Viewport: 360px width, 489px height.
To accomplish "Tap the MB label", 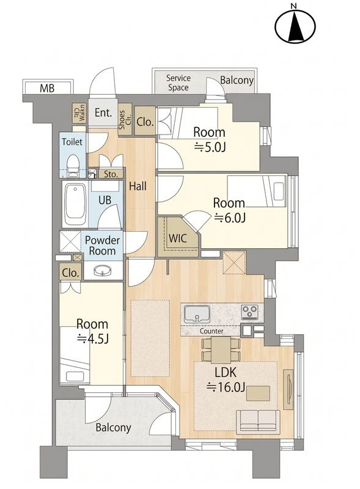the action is [x=47, y=88].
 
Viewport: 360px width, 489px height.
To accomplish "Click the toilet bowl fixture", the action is [x=73, y=164].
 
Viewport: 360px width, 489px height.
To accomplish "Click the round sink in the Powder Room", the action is [x=103, y=270].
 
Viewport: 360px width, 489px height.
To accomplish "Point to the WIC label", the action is [x=178, y=238].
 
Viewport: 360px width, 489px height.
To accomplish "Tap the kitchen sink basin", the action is [x=197, y=314].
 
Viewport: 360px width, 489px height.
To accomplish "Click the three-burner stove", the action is [x=249, y=312].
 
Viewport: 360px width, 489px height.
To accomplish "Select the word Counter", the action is [x=211, y=331].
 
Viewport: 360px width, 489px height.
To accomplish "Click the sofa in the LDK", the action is [x=258, y=421].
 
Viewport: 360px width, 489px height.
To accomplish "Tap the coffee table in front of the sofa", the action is [x=259, y=393].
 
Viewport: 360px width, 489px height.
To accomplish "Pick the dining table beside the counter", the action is [x=221, y=350].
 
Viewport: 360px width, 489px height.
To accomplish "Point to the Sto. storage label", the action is [x=111, y=174].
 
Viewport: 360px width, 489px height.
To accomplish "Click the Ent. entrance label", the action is [x=103, y=112].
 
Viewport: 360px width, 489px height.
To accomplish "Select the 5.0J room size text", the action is [x=210, y=147].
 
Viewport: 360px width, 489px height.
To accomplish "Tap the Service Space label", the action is [x=178, y=83].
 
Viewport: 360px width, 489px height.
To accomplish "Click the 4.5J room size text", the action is [x=93, y=339].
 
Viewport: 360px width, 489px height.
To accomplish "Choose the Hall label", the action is [x=138, y=186].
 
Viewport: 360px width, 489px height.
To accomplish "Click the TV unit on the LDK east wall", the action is [x=288, y=389].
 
